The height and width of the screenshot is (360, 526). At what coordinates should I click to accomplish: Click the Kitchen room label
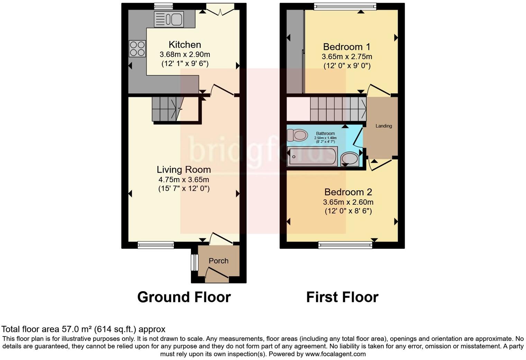185,45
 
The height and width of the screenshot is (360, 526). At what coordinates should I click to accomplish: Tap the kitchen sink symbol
169,19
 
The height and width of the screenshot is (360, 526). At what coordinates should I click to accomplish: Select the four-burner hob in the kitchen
137,48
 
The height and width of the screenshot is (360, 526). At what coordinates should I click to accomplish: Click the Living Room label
184,169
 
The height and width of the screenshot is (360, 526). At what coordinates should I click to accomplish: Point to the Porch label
218,261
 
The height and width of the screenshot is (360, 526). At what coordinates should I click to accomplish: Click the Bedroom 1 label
347,47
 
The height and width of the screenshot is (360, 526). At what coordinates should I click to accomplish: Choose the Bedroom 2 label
348,192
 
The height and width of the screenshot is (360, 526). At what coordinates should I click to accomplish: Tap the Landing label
384,126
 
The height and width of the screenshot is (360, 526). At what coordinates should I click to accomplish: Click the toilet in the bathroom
297,135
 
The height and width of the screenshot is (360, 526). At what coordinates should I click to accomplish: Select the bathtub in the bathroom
312,156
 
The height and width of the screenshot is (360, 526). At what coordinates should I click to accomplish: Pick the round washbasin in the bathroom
350,159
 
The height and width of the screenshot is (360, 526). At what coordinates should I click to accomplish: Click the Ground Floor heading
184,297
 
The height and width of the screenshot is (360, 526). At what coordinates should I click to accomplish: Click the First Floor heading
342,297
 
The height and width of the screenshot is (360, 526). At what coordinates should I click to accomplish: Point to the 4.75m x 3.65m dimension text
184,180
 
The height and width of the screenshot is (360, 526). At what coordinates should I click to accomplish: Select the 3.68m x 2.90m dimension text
185,54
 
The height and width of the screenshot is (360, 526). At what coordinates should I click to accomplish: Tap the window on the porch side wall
195,262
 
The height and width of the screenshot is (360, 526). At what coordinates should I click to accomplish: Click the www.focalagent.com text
335,354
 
